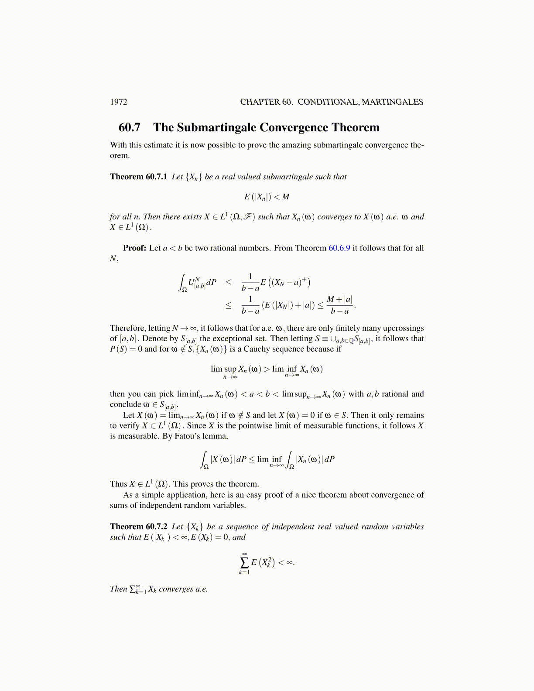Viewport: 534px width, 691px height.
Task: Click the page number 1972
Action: coord(118,102)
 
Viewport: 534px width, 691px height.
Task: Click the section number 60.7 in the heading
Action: coord(130,127)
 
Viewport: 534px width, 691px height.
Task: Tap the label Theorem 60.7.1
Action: coord(138,177)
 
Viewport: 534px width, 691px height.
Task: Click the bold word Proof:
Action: coord(134,248)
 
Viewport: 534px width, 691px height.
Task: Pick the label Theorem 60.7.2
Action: coord(138,527)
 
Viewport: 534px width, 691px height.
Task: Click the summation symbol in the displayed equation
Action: coord(244,562)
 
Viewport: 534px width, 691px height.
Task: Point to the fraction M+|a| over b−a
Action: coord(339,305)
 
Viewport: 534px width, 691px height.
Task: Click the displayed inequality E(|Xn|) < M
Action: coord(267,197)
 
